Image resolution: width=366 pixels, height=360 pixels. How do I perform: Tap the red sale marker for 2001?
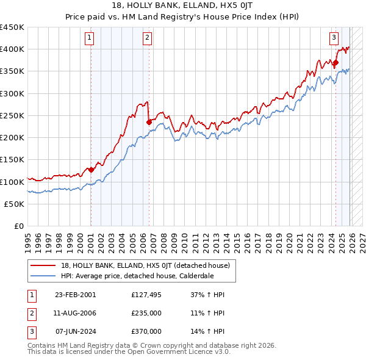[x=91, y=170]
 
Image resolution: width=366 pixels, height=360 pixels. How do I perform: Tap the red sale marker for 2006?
[x=149, y=122]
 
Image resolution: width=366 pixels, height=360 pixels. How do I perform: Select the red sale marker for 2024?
[x=335, y=62]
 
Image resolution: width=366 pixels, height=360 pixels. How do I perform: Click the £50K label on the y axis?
[x=14, y=204]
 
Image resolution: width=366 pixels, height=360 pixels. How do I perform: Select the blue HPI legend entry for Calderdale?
[x=140, y=276]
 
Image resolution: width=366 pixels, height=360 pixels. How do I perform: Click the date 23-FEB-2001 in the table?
[x=75, y=295]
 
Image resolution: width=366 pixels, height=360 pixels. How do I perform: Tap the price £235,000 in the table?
[x=146, y=313]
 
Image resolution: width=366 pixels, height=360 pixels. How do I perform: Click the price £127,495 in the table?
[x=146, y=295]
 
